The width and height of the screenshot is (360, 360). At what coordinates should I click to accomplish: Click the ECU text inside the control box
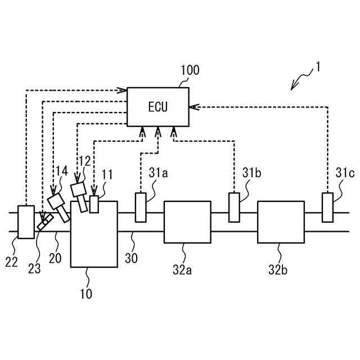click(158, 107)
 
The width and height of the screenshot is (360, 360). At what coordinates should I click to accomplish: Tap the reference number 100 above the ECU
click(190, 70)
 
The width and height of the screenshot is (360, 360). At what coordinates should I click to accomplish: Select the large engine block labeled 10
click(94, 234)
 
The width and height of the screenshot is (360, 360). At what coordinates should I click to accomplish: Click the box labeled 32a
click(187, 222)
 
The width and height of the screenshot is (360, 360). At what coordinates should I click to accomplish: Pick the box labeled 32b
click(281, 222)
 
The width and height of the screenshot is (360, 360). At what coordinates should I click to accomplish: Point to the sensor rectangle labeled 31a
click(141, 208)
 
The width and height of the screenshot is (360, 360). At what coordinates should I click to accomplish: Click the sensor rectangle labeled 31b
click(234, 208)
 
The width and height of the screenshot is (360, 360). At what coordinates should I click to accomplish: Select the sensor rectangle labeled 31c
click(327, 208)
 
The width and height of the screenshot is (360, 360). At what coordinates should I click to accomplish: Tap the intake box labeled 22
click(26, 222)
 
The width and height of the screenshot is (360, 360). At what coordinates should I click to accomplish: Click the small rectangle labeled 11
click(94, 204)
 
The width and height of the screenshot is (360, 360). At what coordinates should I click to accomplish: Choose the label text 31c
click(345, 173)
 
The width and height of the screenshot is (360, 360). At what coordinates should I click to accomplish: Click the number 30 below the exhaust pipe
click(131, 258)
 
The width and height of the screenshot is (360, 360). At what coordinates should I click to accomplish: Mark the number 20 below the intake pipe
click(55, 258)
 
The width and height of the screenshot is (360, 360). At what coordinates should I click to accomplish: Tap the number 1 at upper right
click(318, 67)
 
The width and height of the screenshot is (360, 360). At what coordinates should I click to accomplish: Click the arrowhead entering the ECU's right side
click(193, 107)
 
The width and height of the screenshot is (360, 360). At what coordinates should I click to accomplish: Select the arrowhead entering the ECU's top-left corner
click(122, 90)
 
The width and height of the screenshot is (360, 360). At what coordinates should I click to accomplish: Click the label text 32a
click(182, 270)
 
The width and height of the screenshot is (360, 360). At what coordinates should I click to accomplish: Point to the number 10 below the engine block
click(86, 294)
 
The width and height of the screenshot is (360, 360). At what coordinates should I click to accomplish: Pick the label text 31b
click(251, 173)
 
